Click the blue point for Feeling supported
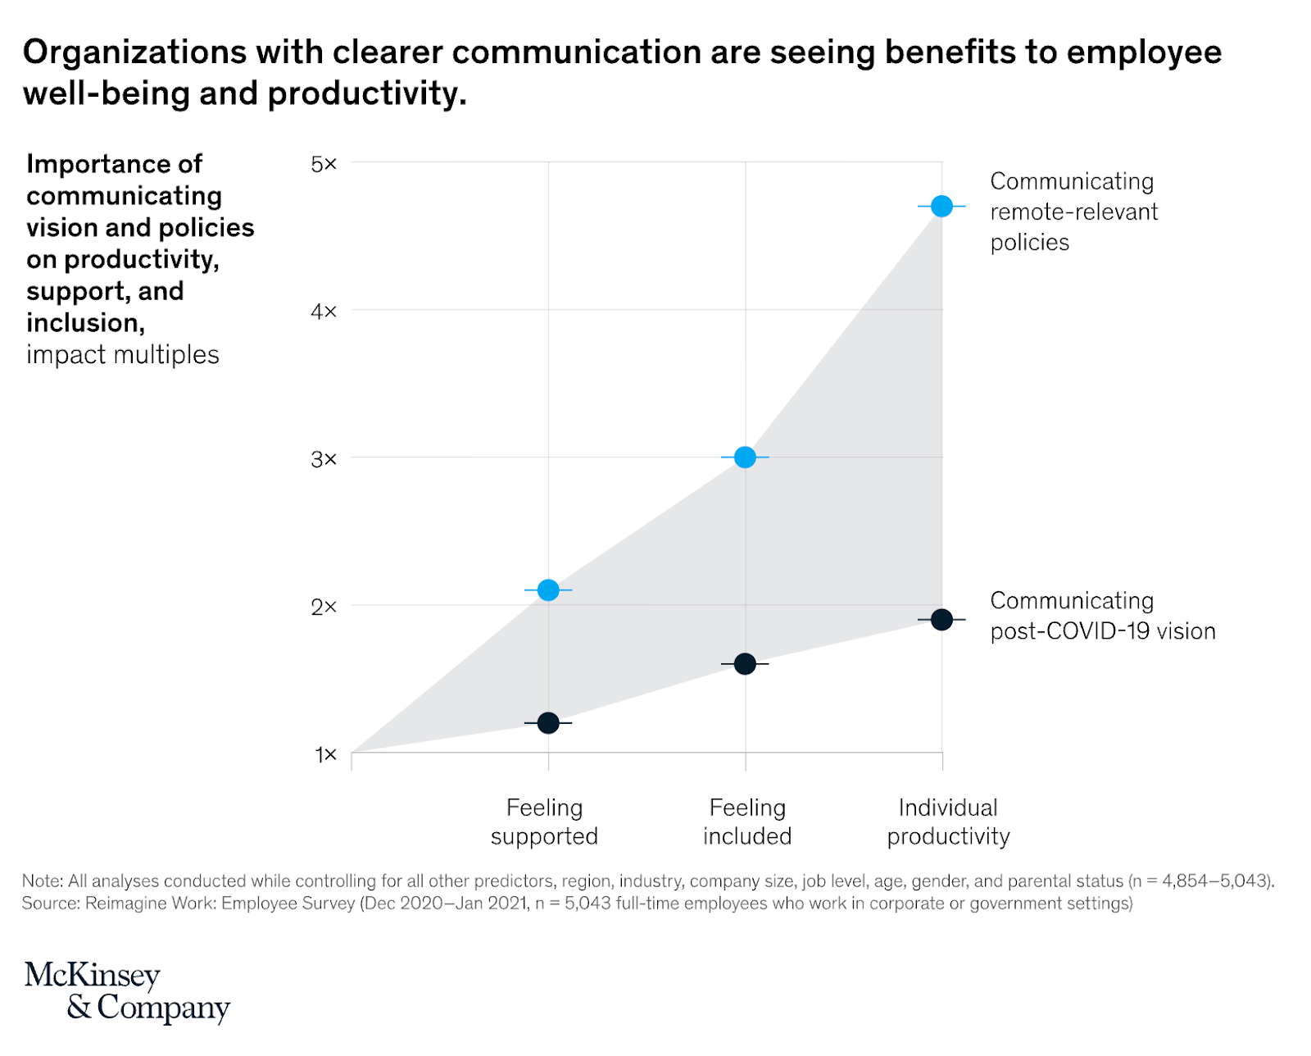tap(548, 590)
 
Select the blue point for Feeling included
tap(745, 457)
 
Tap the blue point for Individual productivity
tap(941, 206)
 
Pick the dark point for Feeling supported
tap(548, 723)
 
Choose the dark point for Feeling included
tap(745, 664)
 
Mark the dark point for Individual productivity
tap(941, 620)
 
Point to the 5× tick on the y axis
tap(324, 164)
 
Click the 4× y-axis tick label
tap(324, 312)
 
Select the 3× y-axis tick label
tap(324, 459)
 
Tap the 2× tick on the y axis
tap(324, 607)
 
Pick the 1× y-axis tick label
tap(325, 754)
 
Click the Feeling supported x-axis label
tap(544, 822)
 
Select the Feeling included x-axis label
tap(747, 822)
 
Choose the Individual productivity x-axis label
tap(948, 822)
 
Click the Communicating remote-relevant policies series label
tap(1073, 212)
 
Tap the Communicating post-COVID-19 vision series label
tap(1102, 616)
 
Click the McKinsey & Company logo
tap(127, 991)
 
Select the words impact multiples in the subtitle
tap(123, 355)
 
